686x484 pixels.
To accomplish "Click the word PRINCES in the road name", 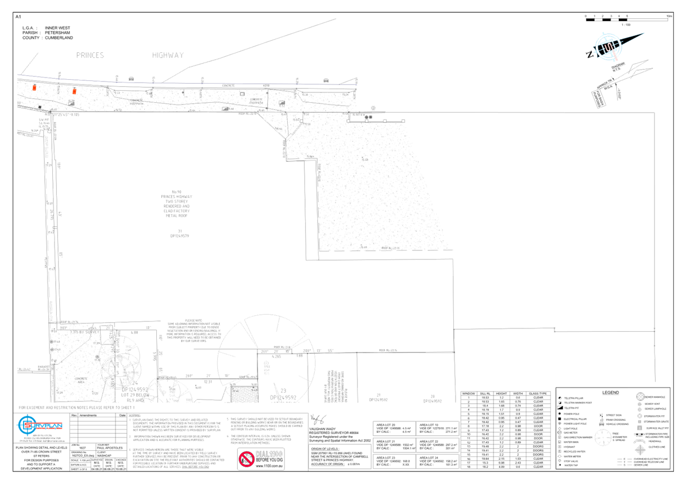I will tap(90, 56).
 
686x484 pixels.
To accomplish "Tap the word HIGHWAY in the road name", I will tap(168, 56).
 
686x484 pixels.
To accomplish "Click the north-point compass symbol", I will tap(610, 45).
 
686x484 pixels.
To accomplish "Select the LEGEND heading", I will tap(610, 393).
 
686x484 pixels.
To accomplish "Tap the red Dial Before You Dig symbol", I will tap(246, 459).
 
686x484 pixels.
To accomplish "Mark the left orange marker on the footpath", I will tap(34, 87).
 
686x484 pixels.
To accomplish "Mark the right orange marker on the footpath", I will tap(75, 91).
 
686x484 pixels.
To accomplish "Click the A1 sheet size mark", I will tap(18, 17).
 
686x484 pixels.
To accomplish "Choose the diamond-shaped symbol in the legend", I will tap(640, 450).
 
